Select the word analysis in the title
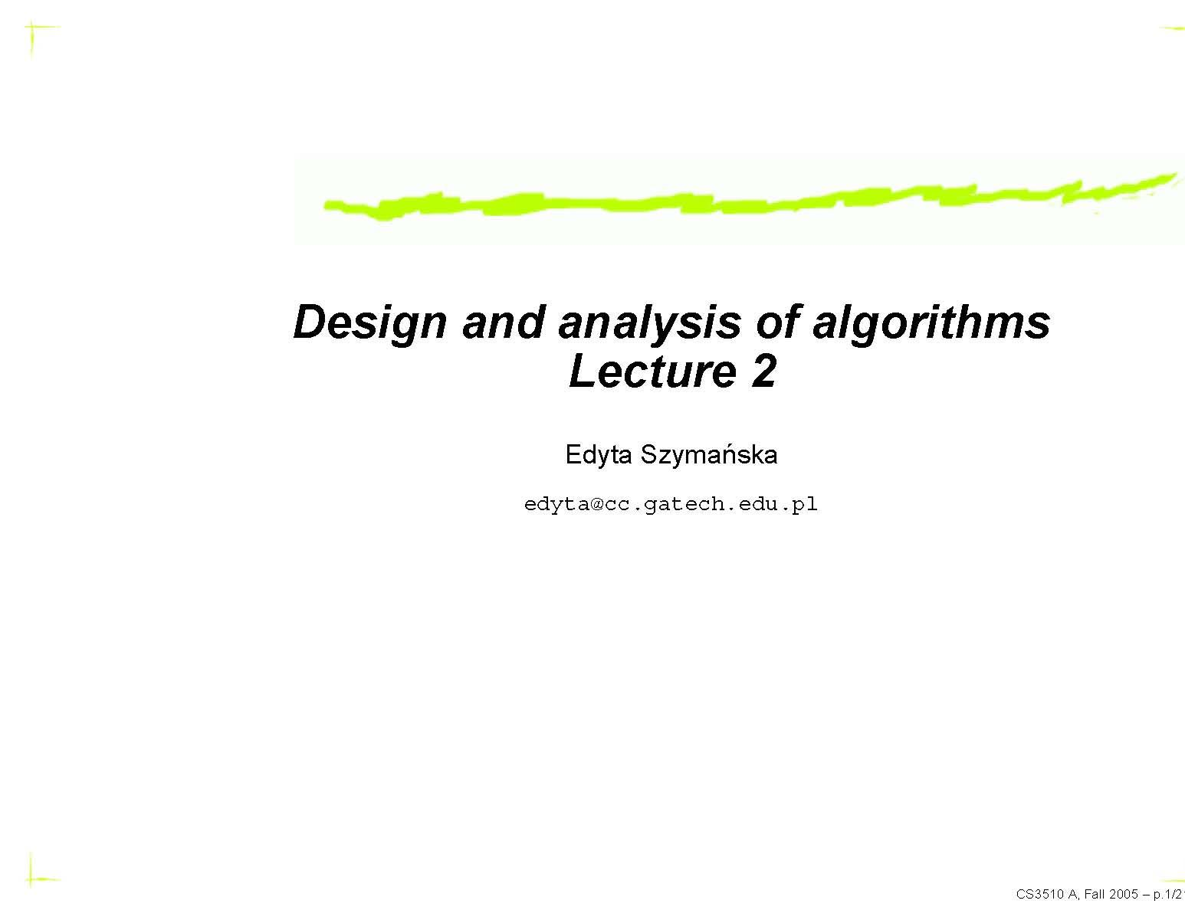coord(649,322)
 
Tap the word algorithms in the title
coord(931,322)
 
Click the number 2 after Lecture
coord(763,372)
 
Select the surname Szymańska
coord(708,455)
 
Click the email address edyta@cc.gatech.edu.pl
coord(671,504)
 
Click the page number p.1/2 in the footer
coord(1167,894)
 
